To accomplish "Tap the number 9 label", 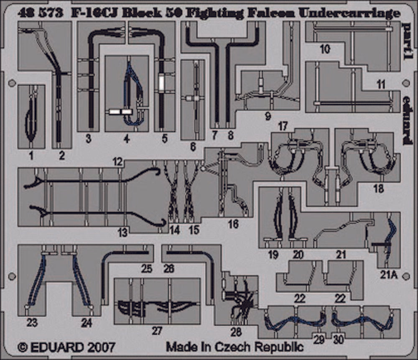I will tap(268, 117).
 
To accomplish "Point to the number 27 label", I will tap(156, 331).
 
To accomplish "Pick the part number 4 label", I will tap(127, 138).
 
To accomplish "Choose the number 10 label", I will tap(325, 49).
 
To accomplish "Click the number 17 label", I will tap(283, 125).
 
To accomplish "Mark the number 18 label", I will tap(378, 189).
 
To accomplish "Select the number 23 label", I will tap(32, 322).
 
